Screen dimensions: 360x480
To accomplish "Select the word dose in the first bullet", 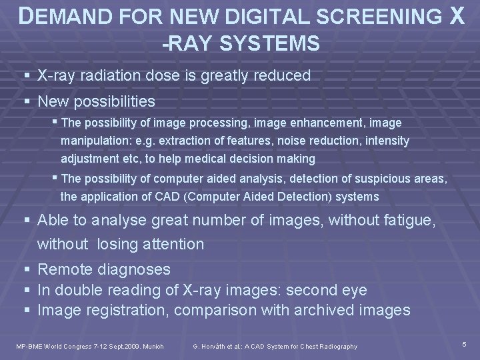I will [x=184, y=75].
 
